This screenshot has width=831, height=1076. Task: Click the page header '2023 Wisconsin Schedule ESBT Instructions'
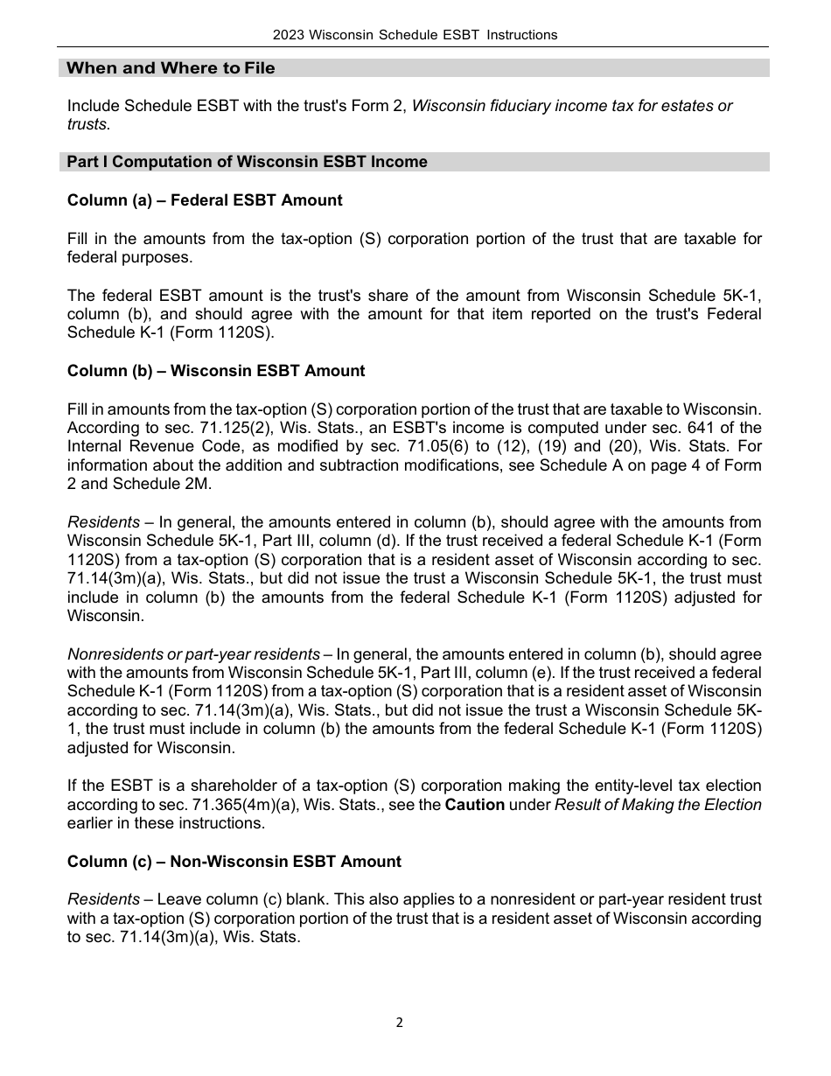(415, 35)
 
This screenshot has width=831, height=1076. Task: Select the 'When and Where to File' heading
(171, 68)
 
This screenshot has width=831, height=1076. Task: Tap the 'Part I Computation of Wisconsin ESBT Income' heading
(248, 162)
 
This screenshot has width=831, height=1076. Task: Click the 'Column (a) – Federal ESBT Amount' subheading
(205, 200)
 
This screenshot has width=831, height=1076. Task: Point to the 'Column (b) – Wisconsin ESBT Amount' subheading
(216, 371)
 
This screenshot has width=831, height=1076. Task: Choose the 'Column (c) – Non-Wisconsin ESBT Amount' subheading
(234, 862)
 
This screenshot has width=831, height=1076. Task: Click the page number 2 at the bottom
(399, 1023)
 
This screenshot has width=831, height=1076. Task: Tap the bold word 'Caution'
(474, 805)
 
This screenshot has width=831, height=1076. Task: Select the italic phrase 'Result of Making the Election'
(658, 805)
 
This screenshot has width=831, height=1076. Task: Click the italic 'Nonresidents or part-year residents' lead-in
(193, 654)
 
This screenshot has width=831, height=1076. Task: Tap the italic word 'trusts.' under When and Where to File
(89, 125)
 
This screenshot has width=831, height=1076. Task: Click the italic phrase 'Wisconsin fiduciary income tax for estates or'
(572, 106)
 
